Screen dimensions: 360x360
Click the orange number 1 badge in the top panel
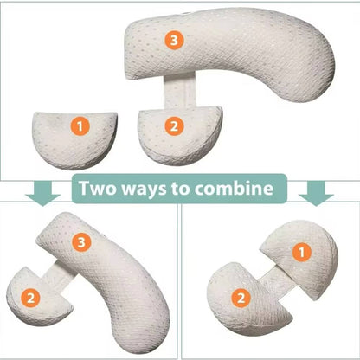(81, 126)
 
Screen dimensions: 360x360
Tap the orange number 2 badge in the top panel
(175, 125)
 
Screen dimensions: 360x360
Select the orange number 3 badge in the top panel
(175, 40)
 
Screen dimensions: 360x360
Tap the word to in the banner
(195, 188)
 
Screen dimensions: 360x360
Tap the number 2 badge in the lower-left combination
(32, 296)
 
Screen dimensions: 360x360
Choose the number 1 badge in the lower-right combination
(301, 252)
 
